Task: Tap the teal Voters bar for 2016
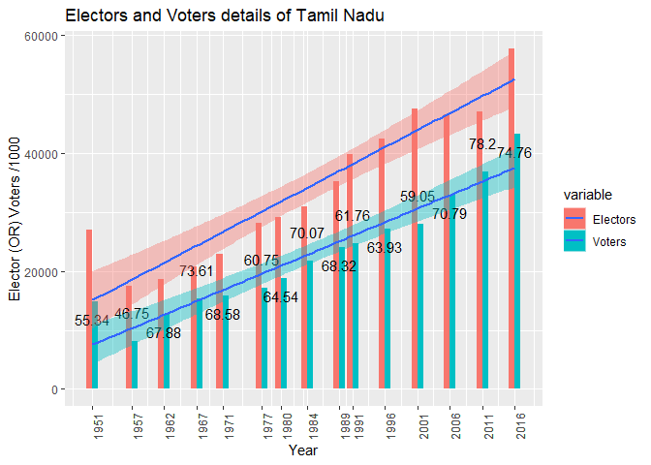[518, 262]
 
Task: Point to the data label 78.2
[482, 144]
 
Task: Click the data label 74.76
[514, 153]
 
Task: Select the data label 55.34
[92, 320]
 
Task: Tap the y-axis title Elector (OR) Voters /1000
[15, 213]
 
